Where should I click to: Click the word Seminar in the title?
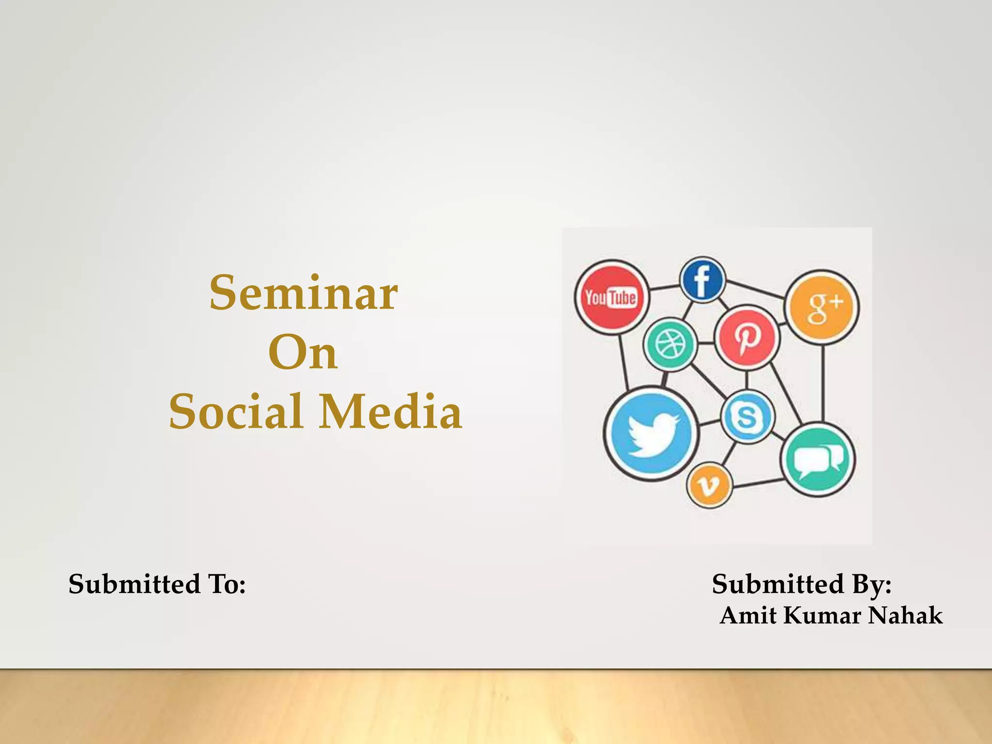tap(304, 294)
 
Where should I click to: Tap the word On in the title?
tap(303, 354)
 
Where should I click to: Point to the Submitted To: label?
tap(157, 584)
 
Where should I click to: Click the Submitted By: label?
tap(802, 584)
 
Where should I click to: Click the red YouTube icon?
tap(611, 297)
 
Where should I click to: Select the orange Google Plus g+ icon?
tap(822, 307)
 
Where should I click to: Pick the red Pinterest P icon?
tap(747, 336)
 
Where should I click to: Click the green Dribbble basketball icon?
tap(670, 344)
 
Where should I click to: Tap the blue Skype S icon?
tap(747, 417)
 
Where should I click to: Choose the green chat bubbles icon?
tap(818, 460)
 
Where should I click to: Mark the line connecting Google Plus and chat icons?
tap(822, 383)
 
